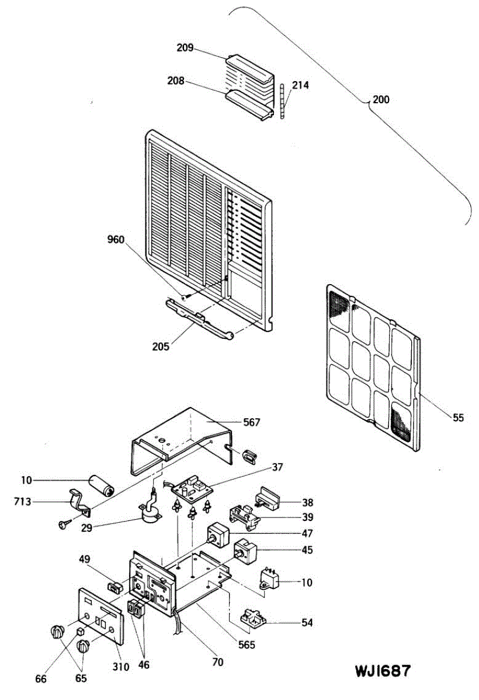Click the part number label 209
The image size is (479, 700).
coord(185,48)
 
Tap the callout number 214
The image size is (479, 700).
coord(300,85)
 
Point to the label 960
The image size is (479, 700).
coord(116,239)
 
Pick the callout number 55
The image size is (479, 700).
coord(459,417)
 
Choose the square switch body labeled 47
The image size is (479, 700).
coord(217,534)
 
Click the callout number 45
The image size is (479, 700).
coord(307,549)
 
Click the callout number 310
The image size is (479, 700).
coord(121,667)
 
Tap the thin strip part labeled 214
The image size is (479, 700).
coord(282,100)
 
